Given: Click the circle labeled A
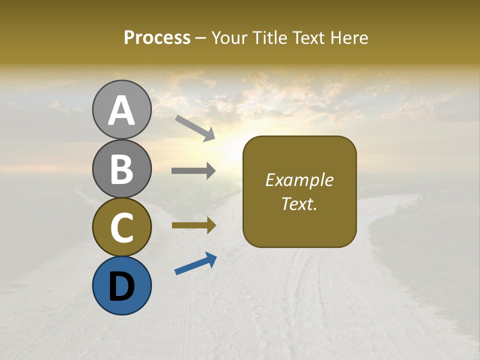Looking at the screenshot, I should click(121, 110).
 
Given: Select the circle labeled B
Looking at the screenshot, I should click(121, 168).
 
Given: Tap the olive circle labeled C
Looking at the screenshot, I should click(121, 227).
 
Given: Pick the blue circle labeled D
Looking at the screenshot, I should click(121, 285).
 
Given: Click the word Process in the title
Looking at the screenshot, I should click(157, 37).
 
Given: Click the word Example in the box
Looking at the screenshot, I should click(299, 180).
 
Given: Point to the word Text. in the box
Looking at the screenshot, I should click(299, 203).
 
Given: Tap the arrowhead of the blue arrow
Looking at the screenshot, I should click(211, 258).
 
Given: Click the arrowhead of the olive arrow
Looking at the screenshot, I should click(210, 225).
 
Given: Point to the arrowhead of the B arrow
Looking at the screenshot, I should click(210, 171).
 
